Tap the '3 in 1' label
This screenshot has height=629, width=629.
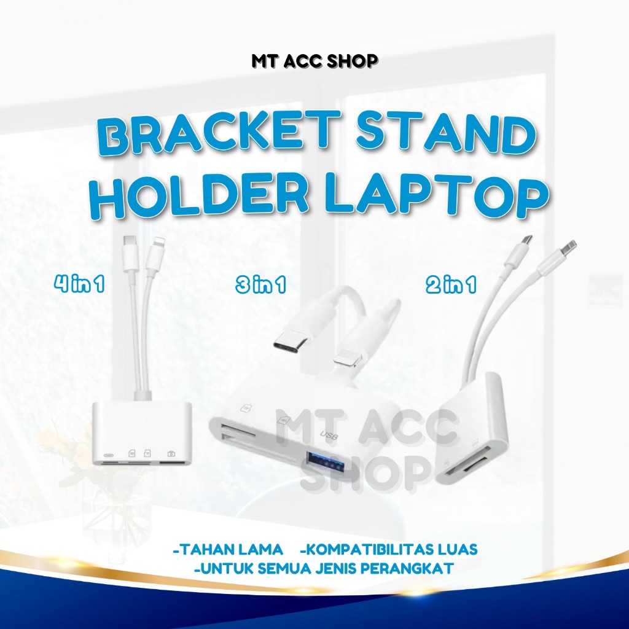(260, 286)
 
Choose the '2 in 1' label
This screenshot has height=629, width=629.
(450, 286)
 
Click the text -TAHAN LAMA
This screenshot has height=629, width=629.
(228, 548)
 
